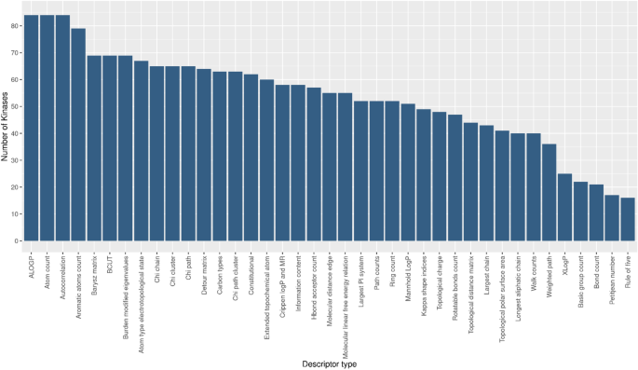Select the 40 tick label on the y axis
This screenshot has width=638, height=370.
(x=14, y=133)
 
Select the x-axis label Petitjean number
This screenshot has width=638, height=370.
(x=611, y=274)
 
